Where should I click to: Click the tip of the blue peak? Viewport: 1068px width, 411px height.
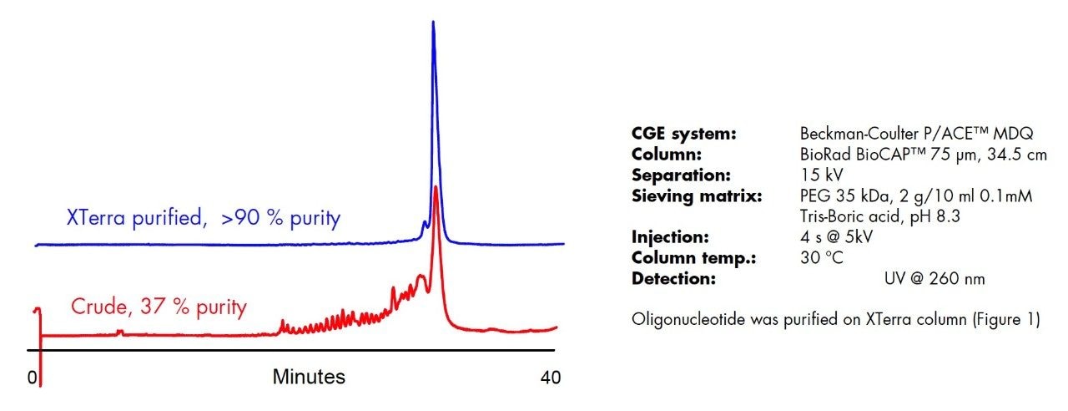pyautogui.click(x=433, y=22)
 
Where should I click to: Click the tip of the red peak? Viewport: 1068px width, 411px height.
pyautogui.click(x=436, y=188)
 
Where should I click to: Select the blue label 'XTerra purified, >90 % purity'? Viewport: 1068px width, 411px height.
pyautogui.click(x=204, y=219)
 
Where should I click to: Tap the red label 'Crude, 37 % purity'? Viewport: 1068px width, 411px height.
pyautogui.click(x=159, y=307)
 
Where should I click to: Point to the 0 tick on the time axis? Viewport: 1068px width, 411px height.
pyautogui.click(x=33, y=378)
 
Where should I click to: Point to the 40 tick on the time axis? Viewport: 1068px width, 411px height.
pyautogui.click(x=550, y=378)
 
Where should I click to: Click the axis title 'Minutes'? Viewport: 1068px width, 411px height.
pyautogui.click(x=309, y=378)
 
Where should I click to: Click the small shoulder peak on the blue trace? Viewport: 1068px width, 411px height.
pyautogui.click(x=425, y=223)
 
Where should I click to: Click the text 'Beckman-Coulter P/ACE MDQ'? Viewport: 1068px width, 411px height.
pyautogui.click(x=916, y=134)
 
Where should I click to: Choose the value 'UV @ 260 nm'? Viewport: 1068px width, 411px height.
pyautogui.click(x=934, y=279)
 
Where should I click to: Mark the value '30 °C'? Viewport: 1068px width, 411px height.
pyautogui.click(x=822, y=258)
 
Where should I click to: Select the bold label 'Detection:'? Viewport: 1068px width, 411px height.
pyautogui.click(x=673, y=279)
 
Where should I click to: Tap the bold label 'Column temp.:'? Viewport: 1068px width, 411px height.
pyautogui.click(x=682, y=258)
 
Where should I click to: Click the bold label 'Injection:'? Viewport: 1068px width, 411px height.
pyautogui.click(x=670, y=237)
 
